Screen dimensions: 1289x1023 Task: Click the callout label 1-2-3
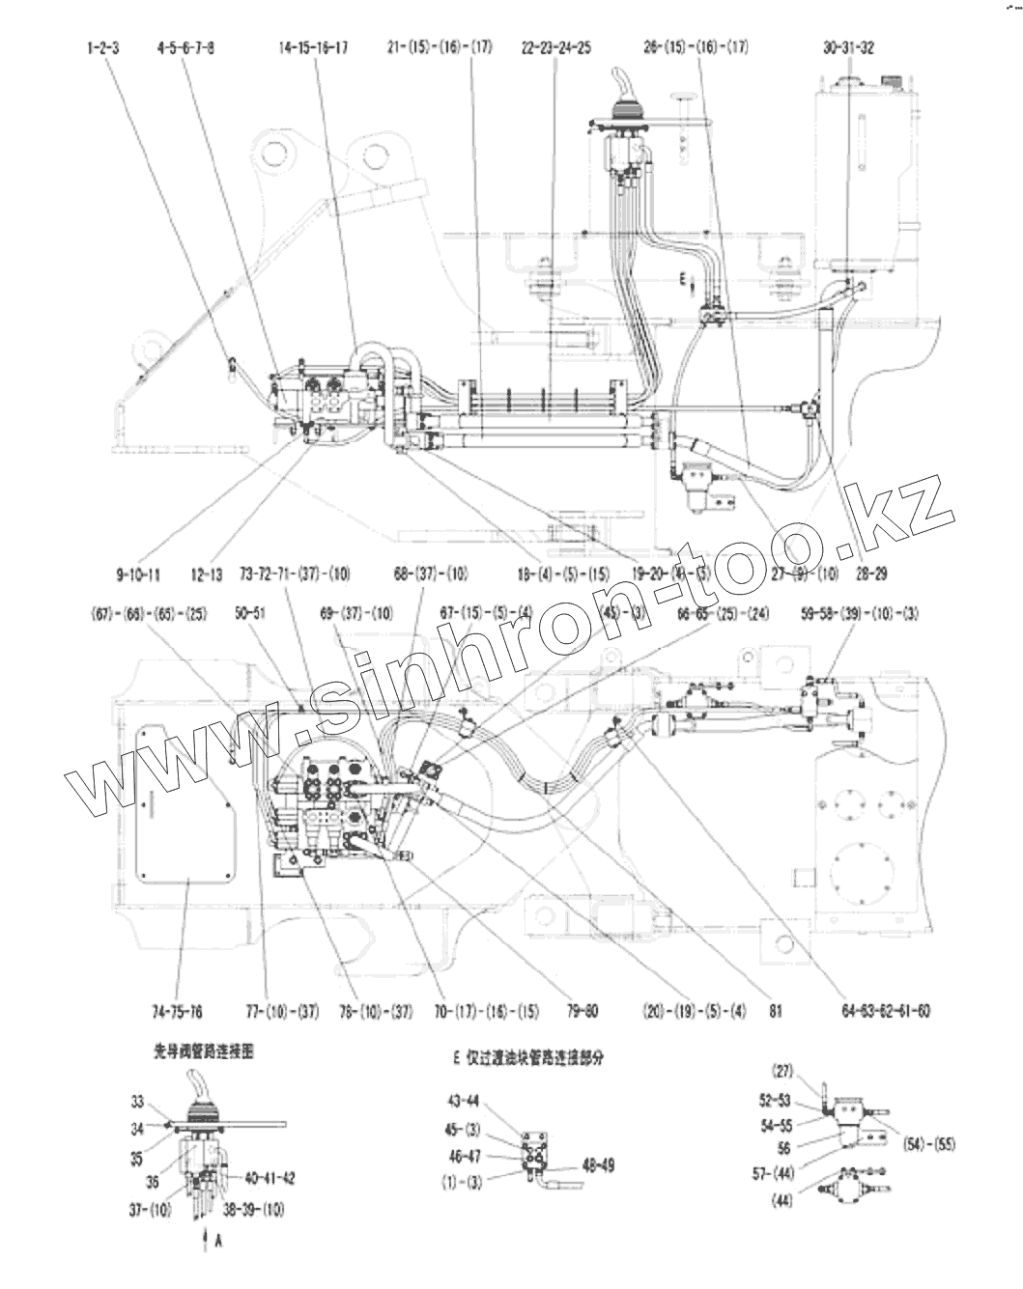pyautogui.click(x=102, y=47)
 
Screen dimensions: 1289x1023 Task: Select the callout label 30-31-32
pyautogui.click(x=849, y=47)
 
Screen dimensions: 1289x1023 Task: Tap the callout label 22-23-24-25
pyautogui.click(x=555, y=47)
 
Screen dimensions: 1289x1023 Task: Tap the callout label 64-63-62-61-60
pyautogui.click(x=887, y=1011)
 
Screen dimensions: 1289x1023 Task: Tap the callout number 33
pyautogui.click(x=139, y=1101)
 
